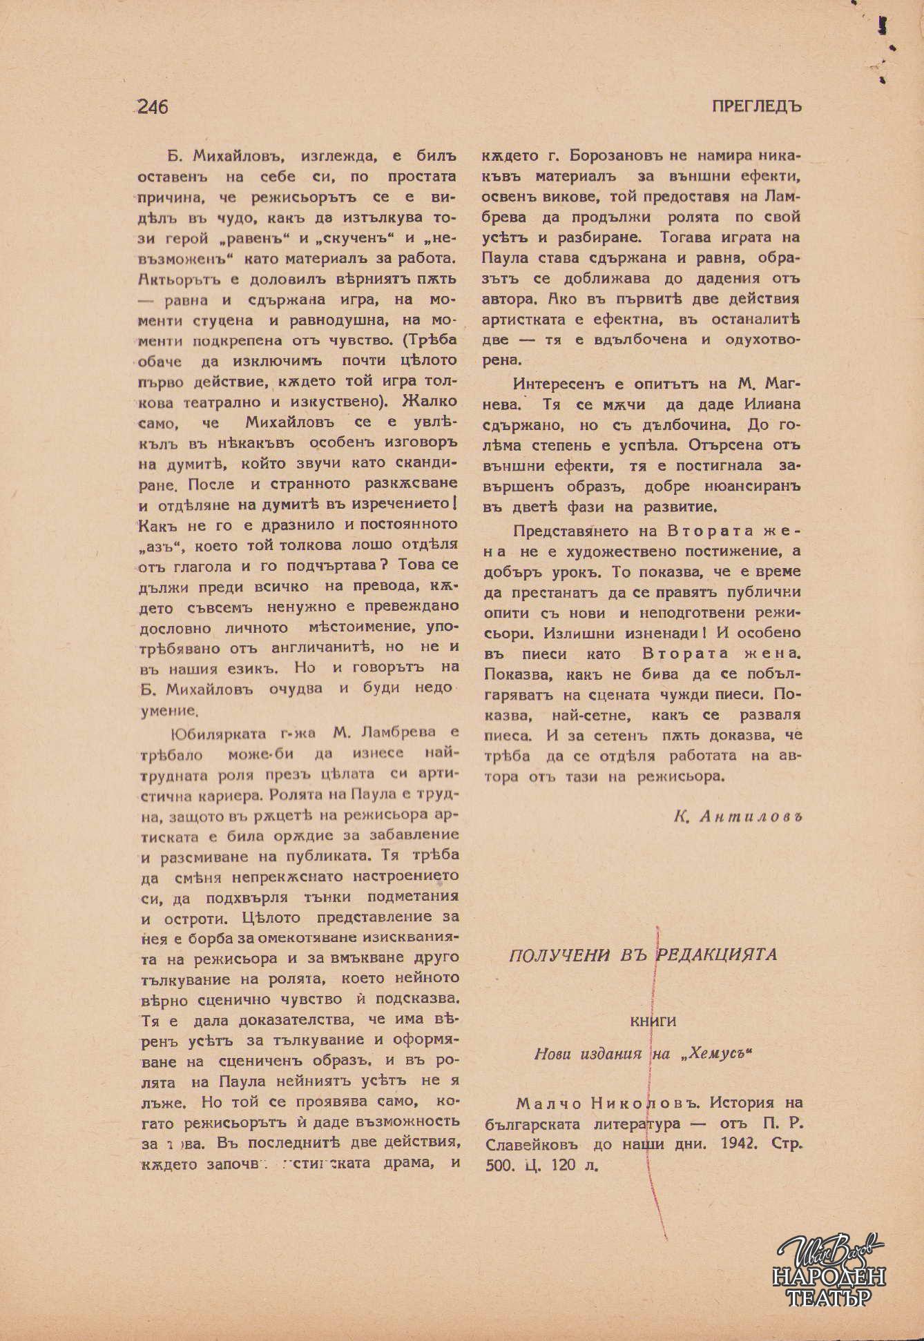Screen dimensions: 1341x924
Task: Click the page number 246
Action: tap(153, 107)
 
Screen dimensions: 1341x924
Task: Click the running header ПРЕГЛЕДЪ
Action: tap(756, 107)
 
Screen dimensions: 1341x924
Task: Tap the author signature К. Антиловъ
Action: tap(740, 816)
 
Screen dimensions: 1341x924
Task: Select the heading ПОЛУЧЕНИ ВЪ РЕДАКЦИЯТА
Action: tap(643, 955)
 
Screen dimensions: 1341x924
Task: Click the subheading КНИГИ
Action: tap(653, 1021)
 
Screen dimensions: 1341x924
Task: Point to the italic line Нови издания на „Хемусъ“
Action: tap(642, 1054)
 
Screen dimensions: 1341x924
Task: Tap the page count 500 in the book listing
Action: tap(496, 1166)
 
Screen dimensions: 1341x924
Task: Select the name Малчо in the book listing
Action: tap(541, 1102)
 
